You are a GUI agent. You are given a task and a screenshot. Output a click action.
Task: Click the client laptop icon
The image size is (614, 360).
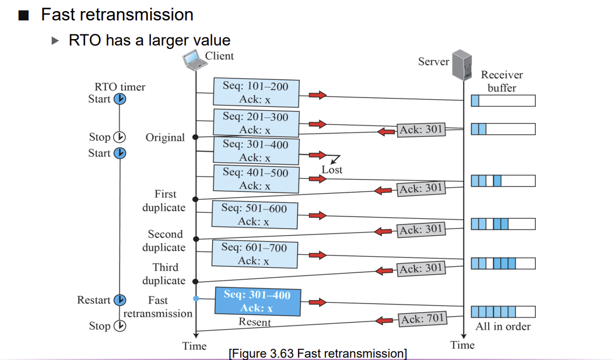tap(194, 60)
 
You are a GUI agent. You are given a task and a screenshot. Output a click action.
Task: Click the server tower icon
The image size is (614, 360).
tap(462, 65)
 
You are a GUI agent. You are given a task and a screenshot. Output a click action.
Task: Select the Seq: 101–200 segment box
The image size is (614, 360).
tap(256, 92)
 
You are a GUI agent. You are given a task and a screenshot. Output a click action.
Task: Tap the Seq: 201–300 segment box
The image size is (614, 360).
tap(256, 123)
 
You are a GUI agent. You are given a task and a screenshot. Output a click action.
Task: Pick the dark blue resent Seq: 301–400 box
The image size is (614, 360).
tap(258, 301)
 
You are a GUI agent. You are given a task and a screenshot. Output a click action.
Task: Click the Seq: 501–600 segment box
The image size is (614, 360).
tap(255, 215)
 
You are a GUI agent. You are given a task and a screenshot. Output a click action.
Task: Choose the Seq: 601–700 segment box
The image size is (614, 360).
tap(255, 254)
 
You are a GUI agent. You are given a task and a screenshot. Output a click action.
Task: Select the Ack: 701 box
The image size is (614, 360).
tap(422, 319)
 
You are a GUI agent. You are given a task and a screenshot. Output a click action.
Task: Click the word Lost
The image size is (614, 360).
tap(332, 170)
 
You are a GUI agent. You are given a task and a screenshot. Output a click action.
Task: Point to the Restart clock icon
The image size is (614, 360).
tap(120, 300)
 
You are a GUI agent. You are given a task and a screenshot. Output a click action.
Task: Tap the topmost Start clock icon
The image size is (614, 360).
tap(120, 99)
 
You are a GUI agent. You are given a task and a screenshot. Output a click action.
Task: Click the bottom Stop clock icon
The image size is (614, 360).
tap(120, 326)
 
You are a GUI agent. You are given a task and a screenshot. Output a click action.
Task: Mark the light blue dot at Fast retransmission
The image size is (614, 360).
tap(196, 299)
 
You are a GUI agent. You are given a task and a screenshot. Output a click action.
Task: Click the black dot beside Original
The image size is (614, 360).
tap(195, 137)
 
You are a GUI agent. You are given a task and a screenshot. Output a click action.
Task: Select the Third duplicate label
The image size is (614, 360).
tap(164, 274)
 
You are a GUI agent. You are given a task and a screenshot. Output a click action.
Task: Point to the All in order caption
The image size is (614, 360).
tap(503, 326)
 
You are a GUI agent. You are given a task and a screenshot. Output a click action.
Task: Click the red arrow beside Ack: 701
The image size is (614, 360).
tap(384, 321)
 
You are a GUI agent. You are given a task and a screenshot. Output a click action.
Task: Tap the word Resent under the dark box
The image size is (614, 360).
tap(255, 322)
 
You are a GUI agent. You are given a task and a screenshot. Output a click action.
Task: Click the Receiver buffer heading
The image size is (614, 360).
tap(502, 81)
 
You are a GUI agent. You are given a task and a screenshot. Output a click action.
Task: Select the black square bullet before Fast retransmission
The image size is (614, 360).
tap(23, 15)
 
